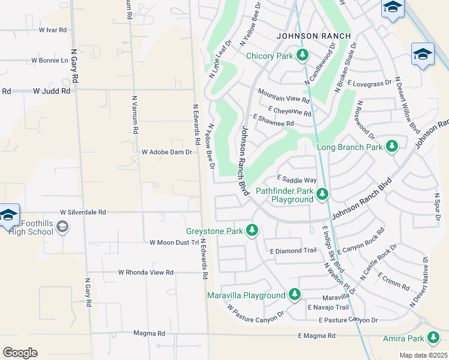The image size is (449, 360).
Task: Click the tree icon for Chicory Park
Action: pos(303,56)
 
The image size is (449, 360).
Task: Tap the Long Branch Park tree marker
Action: pos(392,146)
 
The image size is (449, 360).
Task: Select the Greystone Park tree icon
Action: pos(253,230)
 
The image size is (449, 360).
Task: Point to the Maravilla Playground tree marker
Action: pos(294,295)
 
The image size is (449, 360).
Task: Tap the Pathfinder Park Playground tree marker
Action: pos(322,194)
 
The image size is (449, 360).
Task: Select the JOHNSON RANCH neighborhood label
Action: pos(313,36)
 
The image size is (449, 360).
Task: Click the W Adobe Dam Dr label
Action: pos(166,152)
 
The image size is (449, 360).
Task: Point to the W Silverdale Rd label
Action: pos(83,212)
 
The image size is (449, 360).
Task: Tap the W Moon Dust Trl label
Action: pos(173,242)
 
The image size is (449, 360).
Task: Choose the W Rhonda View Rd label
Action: pos(145,272)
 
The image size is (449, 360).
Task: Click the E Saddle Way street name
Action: pos(296,179)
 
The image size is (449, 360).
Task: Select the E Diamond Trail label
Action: pos(293,251)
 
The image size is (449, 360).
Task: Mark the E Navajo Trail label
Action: pos(328,307)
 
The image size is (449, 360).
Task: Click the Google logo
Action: pos(20,353)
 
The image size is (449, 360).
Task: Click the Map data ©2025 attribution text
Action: pos(423,355)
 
